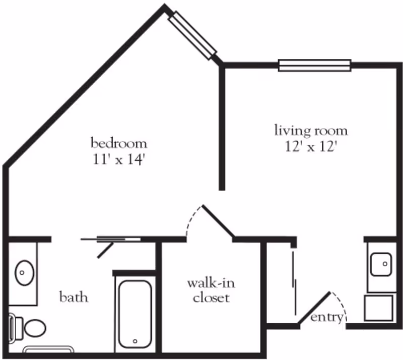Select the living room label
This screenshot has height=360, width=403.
311,131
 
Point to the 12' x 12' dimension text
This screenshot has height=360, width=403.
311,148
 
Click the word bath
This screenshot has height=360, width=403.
74,297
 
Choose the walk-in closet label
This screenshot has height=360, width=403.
211,290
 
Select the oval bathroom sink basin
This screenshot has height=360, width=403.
23,272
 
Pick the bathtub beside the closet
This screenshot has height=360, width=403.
134,313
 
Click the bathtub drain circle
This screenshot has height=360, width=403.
135,341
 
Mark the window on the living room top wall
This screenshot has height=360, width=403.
314,65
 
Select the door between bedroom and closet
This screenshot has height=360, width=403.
217,221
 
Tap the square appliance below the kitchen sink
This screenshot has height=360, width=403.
378,308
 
